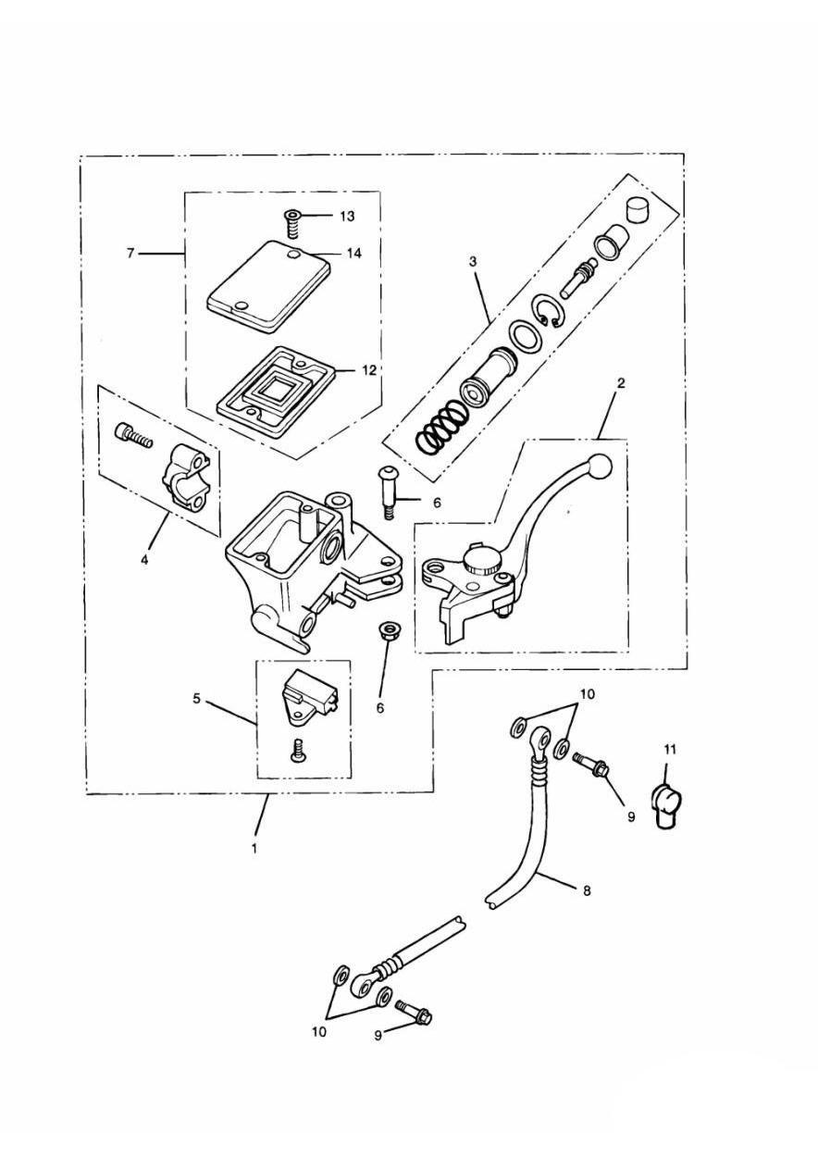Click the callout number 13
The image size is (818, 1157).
pyautogui.click(x=348, y=216)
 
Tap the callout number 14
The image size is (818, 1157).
pyautogui.click(x=353, y=253)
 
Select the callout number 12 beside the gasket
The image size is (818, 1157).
pyautogui.click(x=368, y=370)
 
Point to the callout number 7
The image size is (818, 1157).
pyautogui.click(x=130, y=253)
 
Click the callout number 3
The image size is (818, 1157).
pyautogui.click(x=473, y=262)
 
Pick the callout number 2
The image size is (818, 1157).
pyautogui.click(x=621, y=383)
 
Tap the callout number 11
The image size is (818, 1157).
pyautogui.click(x=670, y=750)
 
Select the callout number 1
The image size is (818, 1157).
pyautogui.click(x=254, y=848)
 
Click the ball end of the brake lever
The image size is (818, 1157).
pyautogui.click(x=599, y=467)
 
